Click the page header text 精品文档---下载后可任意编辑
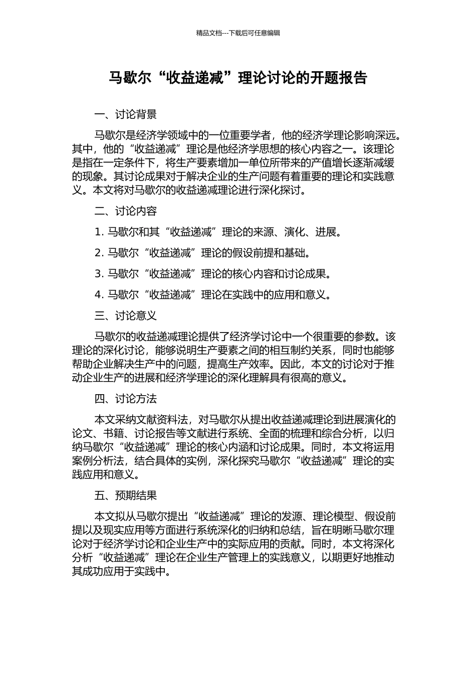pos(238,33)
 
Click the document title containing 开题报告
pos(238,78)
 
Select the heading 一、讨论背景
pos(125,115)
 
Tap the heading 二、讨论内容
pos(125,211)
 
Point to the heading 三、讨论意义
pos(125,315)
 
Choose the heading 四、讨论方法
pos(125,399)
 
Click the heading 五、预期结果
pos(125,495)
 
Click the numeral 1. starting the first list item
pos(99,232)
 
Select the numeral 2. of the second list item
pos(99,253)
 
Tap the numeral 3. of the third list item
pos(99,274)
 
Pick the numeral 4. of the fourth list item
pos(99,295)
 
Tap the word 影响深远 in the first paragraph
pos(378,135)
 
